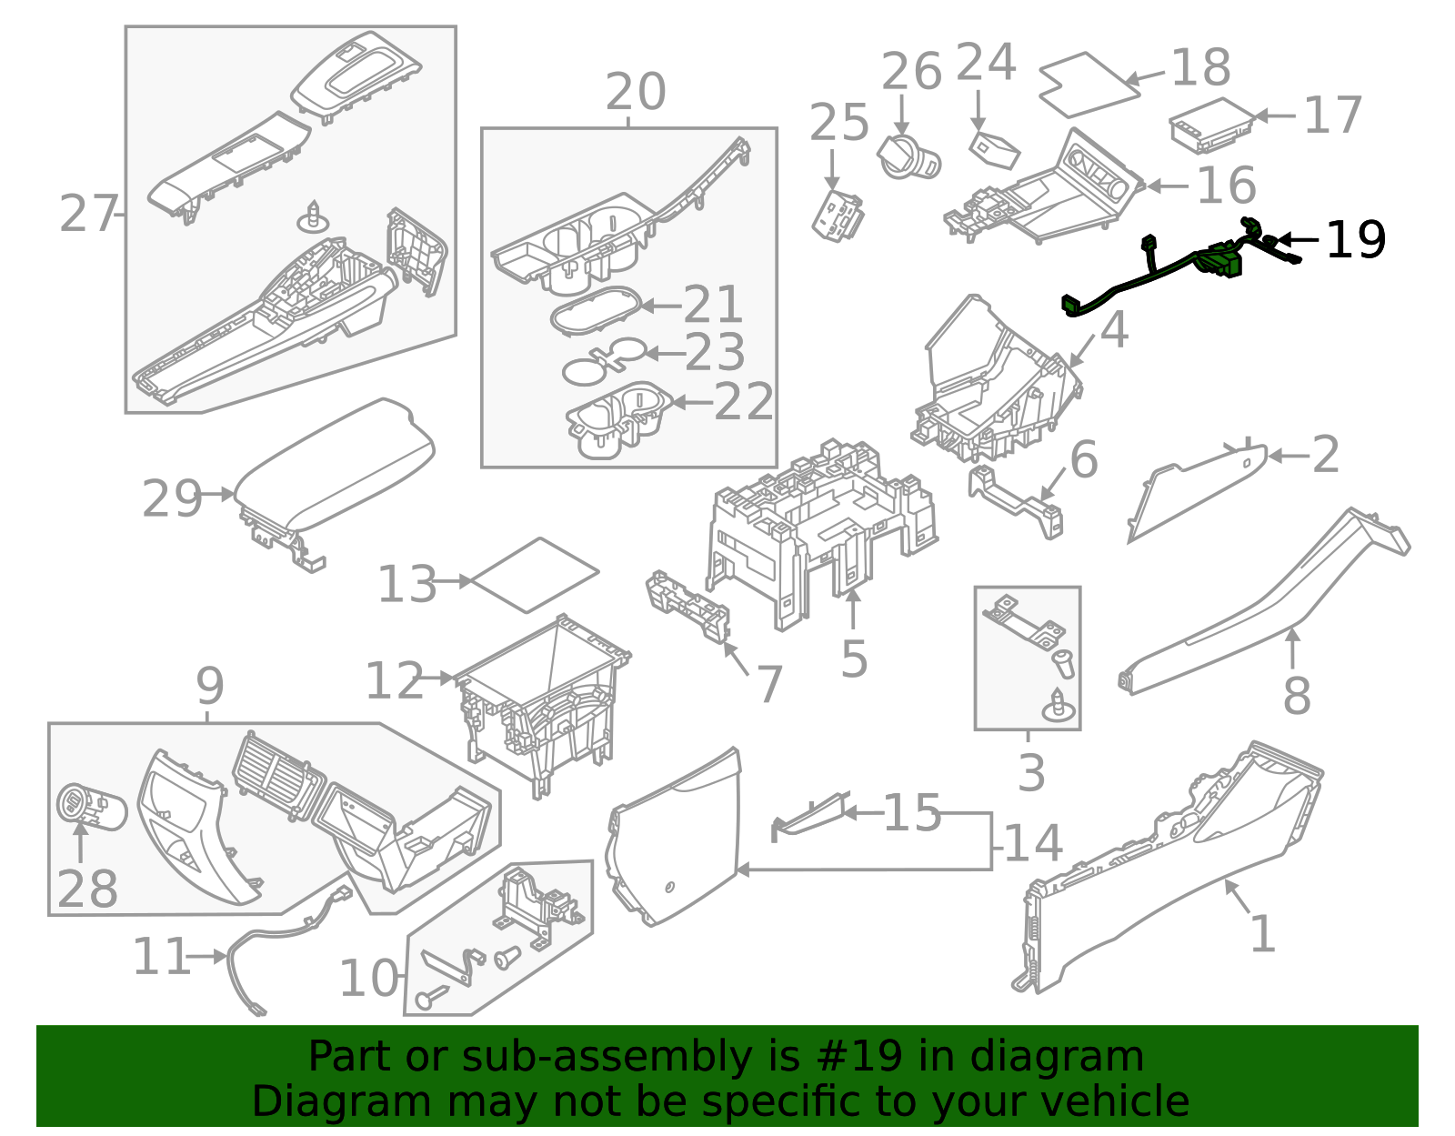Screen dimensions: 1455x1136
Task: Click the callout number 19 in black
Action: pyautogui.click(x=1356, y=239)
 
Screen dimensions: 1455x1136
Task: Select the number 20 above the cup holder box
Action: pyautogui.click(x=636, y=92)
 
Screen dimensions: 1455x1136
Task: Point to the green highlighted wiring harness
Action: pyautogui.click(x=1179, y=267)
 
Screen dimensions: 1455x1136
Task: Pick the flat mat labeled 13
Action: pyautogui.click(x=535, y=575)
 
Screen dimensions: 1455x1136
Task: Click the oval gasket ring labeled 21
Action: pyautogui.click(x=596, y=310)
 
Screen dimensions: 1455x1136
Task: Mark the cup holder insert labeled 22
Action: pyautogui.click(x=619, y=419)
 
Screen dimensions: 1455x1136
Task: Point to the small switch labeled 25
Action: pyautogui.click(x=838, y=216)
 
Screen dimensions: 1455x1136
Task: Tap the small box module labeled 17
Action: pyautogui.click(x=1213, y=126)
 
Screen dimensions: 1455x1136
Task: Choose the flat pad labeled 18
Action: pyautogui.click(x=1089, y=85)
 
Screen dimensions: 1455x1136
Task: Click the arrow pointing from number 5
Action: pyautogui.click(x=853, y=610)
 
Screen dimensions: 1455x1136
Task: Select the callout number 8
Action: pyautogui.click(x=1296, y=696)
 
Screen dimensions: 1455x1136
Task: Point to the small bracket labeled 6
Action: pyautogui.click(x=1016, y=500)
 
